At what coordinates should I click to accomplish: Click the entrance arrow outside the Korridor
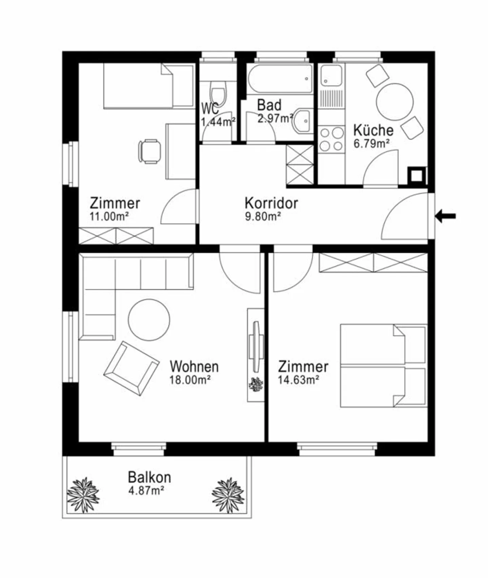(x=446, y=216)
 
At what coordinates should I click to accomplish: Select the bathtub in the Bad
(x=280, y=79)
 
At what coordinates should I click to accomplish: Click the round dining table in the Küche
(x=395, y=102)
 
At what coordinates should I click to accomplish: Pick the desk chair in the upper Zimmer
(x=149, y=151)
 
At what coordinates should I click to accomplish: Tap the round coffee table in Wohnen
(x=149, y=320)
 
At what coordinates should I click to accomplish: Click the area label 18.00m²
(x=190, y=380)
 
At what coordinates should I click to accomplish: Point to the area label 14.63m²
(x=298, y=380)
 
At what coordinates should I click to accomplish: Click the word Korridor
(x=271, y=203)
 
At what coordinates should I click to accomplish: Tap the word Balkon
(x=149, y=477)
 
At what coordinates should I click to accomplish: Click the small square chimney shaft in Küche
(x=416, y=176)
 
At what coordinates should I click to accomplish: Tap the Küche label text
(x=373, y=130)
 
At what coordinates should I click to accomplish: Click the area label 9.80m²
(x=263, y=216)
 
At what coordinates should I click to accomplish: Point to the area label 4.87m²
(x=146, y=490)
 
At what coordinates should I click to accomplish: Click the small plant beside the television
(x=256, y=384)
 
